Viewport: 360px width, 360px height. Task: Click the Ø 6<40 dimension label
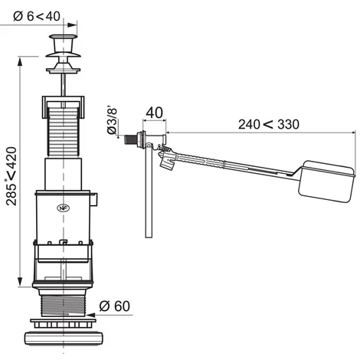point(37,16)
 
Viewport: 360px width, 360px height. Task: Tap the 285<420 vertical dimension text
point(11,176)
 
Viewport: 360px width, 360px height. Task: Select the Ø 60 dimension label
point(114,306)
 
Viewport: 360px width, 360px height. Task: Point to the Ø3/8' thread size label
point(112,121)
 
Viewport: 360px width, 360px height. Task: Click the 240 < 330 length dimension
point(269,124)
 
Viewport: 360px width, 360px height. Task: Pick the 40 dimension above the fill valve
point(154,113)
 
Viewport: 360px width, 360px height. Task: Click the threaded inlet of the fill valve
point(131,139)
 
